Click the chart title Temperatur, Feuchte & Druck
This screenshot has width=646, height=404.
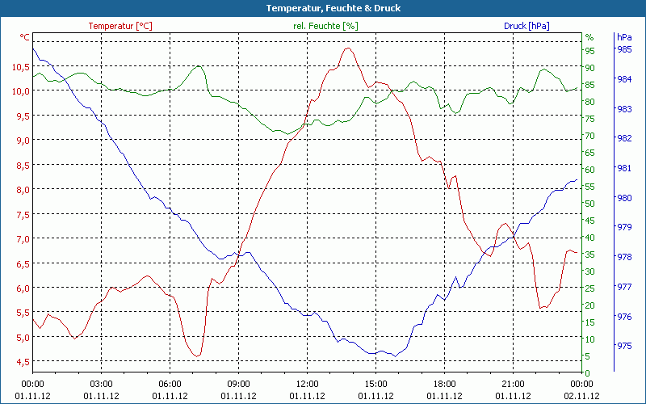coord(322,8)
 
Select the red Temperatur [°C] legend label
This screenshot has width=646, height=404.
coord(120,26)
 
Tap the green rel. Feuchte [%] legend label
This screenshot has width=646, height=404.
coord(325,26)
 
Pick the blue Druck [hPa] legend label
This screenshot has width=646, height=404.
coord(526,26)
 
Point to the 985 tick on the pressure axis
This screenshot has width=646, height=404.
coord(624,49)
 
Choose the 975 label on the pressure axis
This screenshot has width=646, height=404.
coord(624,346)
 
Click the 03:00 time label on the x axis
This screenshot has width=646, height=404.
coord(101,384)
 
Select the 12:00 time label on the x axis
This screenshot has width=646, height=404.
coord(308,384)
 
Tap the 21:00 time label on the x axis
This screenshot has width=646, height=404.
coord(514,384)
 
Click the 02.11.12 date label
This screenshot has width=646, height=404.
coord(582,396)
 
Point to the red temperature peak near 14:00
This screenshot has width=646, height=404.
coord(348,48)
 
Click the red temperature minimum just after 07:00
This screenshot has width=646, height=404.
coord(196,356)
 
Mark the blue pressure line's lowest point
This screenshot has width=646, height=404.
coord(394,356)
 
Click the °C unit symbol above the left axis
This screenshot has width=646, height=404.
coord(25,37)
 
